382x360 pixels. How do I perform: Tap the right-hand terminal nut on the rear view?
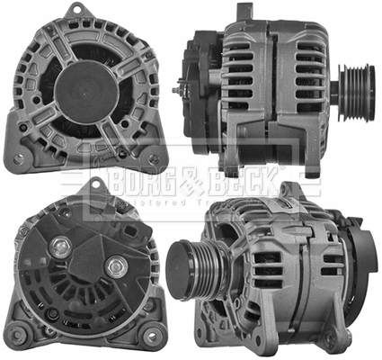(115, 268)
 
